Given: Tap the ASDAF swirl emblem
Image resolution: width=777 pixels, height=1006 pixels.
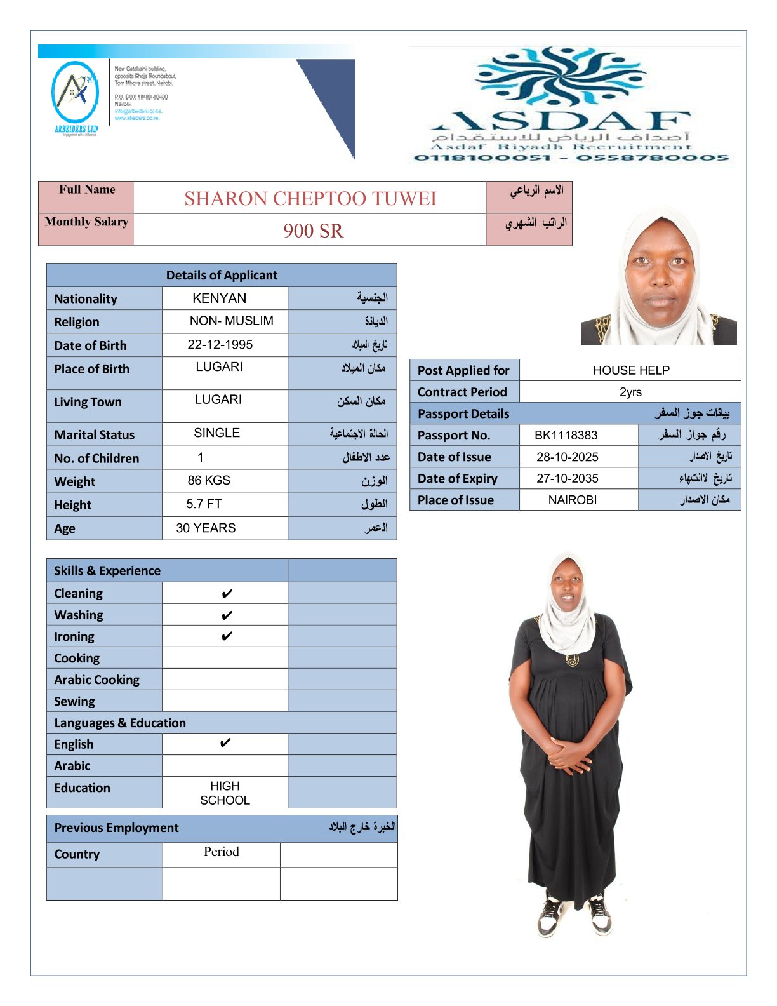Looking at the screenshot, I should [562, 76].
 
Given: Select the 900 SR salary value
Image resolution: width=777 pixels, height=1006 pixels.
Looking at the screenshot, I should [313, 231].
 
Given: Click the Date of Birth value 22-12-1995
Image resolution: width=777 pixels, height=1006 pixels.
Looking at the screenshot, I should [220, 345].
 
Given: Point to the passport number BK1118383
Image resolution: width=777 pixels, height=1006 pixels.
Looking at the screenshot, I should [566, 435].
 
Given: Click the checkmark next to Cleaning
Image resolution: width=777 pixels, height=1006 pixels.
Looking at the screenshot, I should [227, 594].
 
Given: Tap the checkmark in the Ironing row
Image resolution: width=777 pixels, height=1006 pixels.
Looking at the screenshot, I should [227, 636].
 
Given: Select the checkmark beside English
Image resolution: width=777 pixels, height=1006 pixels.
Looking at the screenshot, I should [225, 743].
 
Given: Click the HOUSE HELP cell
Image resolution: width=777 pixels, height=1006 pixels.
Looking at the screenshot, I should [631, 370].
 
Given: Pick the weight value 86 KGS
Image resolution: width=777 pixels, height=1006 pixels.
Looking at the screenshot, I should [209, 481].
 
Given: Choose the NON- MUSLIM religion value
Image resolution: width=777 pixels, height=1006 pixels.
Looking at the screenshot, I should [231, 321].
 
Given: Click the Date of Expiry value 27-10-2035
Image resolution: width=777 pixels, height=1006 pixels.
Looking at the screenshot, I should [567, 478].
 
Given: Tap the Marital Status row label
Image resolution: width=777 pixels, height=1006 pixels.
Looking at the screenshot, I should [95, 435].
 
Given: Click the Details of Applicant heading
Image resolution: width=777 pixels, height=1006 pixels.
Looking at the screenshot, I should [222, 275].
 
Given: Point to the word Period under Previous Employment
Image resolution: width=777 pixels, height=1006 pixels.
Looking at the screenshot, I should [221, 852].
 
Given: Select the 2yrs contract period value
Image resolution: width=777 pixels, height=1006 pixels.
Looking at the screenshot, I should [630, 392].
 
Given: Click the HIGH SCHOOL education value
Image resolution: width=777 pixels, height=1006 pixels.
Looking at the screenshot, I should [225, 793].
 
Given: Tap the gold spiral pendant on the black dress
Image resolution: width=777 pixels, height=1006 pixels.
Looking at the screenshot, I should [573, 660].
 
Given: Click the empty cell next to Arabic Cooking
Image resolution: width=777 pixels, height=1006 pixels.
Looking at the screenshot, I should [225, 680].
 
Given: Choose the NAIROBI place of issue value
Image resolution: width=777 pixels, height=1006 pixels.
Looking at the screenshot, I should [572, 500].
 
